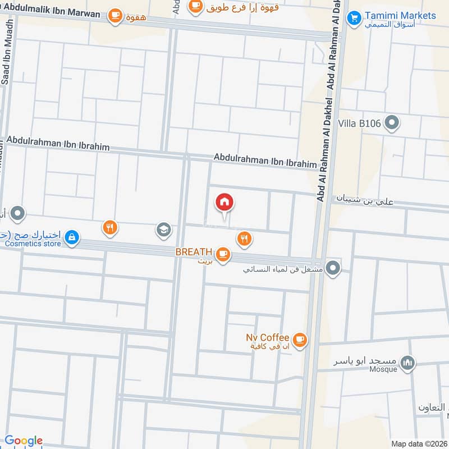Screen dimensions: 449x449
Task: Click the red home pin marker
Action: pos(224,203)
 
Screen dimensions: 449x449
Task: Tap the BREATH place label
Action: pos(194,253)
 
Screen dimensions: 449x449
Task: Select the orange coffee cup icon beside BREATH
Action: pos(223,254)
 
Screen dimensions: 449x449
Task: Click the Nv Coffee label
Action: pos(267,337)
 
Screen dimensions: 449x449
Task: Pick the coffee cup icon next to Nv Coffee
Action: pos(300,340)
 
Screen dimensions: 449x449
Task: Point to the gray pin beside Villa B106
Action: pos(392,122)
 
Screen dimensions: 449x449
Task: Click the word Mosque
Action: pos(383,369)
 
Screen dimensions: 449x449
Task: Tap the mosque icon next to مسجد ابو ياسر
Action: pos(409,363)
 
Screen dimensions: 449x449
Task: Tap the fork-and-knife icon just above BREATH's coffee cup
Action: pos(243,239)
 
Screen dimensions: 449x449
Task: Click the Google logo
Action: pos(23,441)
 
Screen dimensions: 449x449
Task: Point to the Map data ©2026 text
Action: pos(418,443)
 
